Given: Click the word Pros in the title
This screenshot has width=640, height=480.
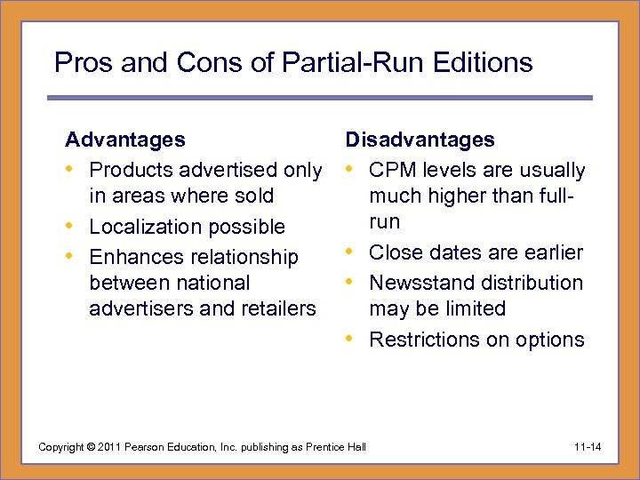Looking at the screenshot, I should pyautogui.click(x=78, y=62).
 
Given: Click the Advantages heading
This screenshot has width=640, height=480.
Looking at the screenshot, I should pyautogui.click(x=125, y=140).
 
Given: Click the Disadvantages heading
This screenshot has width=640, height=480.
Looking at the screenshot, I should pyautogui.click(x=420, y=140).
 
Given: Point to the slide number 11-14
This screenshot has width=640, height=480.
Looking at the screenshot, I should pyautogui.click(x=587, y=446).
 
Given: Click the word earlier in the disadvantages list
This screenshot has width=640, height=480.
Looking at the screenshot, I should pyautogui.click(x=554, y=252).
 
